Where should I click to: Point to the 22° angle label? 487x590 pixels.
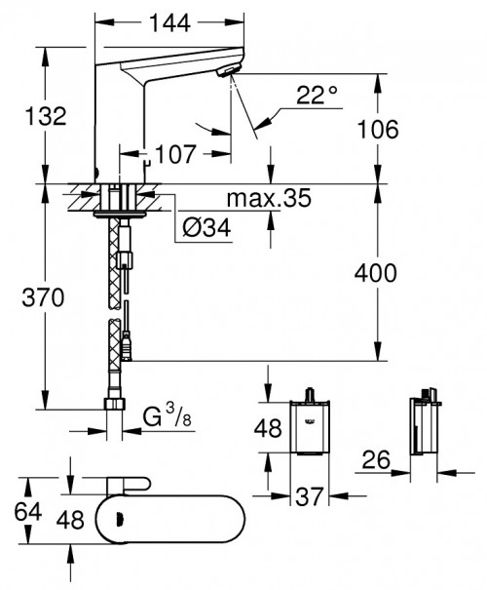(x=318, y=96)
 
